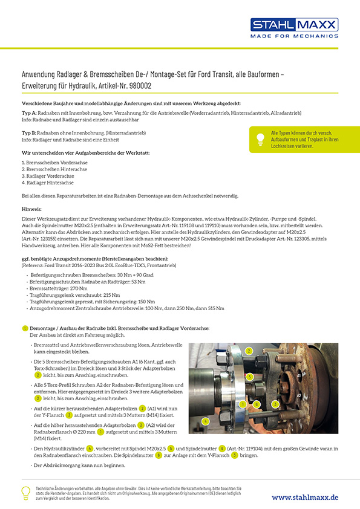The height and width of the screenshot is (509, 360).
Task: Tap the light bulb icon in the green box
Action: (x=260, y=138)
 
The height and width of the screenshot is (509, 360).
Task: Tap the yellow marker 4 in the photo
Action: (x=206, y=420)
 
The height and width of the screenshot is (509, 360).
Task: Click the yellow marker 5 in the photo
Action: (x=249, y=377)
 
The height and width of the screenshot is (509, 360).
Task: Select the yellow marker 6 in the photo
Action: (x=257, y=404)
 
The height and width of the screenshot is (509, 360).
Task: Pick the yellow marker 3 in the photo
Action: (x=275, y=404)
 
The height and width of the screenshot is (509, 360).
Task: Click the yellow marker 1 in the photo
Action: (x=242, y=404)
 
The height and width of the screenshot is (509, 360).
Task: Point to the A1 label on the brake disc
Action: (x=299, y=375)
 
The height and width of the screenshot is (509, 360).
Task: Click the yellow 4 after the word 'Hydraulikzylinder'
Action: (x=90, y=448)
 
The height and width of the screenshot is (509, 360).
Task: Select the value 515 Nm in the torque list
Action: (x=217, y=308)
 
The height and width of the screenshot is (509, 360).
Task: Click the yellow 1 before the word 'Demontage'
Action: (x=25, y=328)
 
